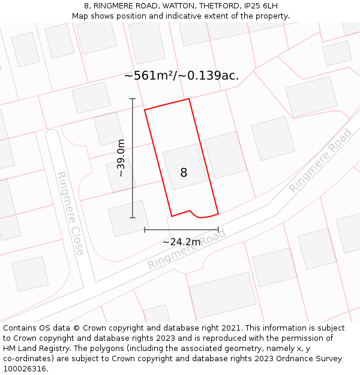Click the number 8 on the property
[x=184, y=173]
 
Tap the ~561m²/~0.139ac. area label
[x=181, y=76]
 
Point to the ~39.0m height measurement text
[x=121, y=158]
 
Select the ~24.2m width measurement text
[x=181, y=242]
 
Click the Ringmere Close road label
[x=70, y=213]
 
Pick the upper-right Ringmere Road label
[x=320, y=160]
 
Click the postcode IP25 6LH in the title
[x=261, y=6]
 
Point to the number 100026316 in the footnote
[x=24, y=369]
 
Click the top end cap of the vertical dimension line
[x=133, y=99]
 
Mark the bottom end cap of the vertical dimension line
[x=133, y=218]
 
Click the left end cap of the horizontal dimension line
[x=145, y=229]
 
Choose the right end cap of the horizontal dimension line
[x=218, y=229]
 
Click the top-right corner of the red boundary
[x=189, y=99]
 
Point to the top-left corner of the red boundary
[x=145, y=110]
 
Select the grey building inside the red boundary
[x=184, y=166]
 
